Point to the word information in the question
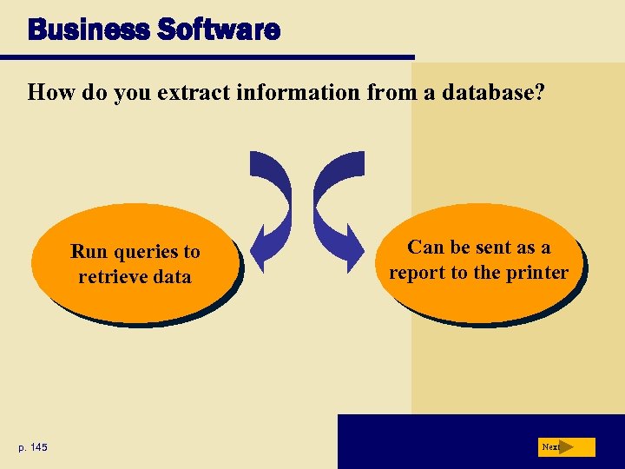click(299, 92)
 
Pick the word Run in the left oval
click(88, 252)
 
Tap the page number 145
click(38, 447)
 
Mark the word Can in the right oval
click(425, 248)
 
